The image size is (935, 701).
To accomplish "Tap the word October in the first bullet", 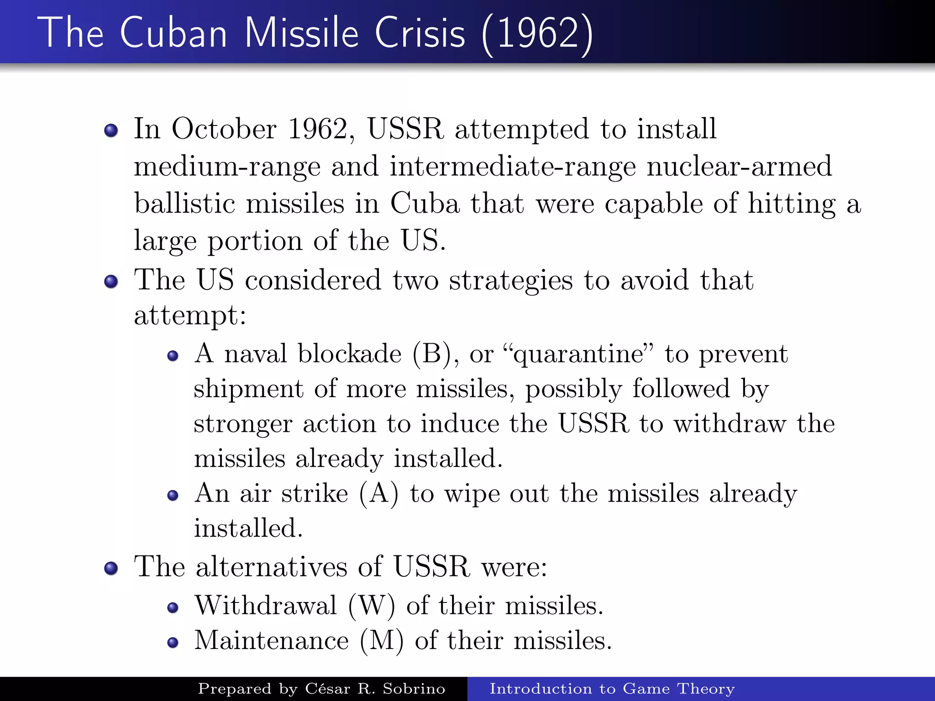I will point(224,129).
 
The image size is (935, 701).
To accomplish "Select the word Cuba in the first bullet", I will point(424,204).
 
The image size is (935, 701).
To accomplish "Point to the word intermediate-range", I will point(512,167).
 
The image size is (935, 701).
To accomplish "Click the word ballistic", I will point(184,204).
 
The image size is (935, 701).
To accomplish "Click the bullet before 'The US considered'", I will point(111,282).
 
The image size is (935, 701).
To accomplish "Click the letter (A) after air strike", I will point(378,494).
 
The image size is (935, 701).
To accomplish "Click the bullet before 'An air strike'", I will point(173,496).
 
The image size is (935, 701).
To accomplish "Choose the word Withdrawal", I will point(266,606).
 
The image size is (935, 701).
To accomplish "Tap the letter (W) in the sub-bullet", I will point(371,607).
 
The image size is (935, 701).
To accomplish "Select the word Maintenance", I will point(272,641).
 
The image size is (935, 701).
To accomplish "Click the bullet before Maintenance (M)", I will point(173,643).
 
